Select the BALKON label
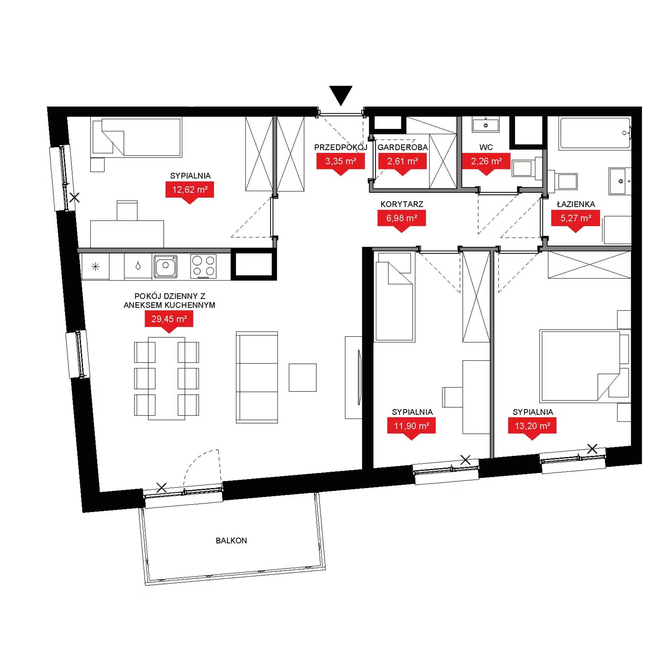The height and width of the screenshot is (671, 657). tap(231, 540)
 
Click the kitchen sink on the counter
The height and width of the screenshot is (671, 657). tap(166, 266)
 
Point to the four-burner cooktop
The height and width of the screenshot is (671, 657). tap(204, 266)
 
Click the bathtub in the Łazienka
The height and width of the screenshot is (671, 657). tap(595, 133)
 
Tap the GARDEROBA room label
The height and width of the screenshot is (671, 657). tap(402, 147)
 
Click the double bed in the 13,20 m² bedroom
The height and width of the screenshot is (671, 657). tap(581, 366)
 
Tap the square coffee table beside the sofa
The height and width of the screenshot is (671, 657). tap(303, 377)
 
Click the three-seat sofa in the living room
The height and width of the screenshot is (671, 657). tap(257, 377)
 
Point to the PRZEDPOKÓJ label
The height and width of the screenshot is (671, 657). tap(341, 147)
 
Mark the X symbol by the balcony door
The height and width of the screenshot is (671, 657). tap(162, 488)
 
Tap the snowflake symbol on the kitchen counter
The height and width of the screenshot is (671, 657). tap(95, 267)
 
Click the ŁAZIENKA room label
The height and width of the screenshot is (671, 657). tap(576, 204)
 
